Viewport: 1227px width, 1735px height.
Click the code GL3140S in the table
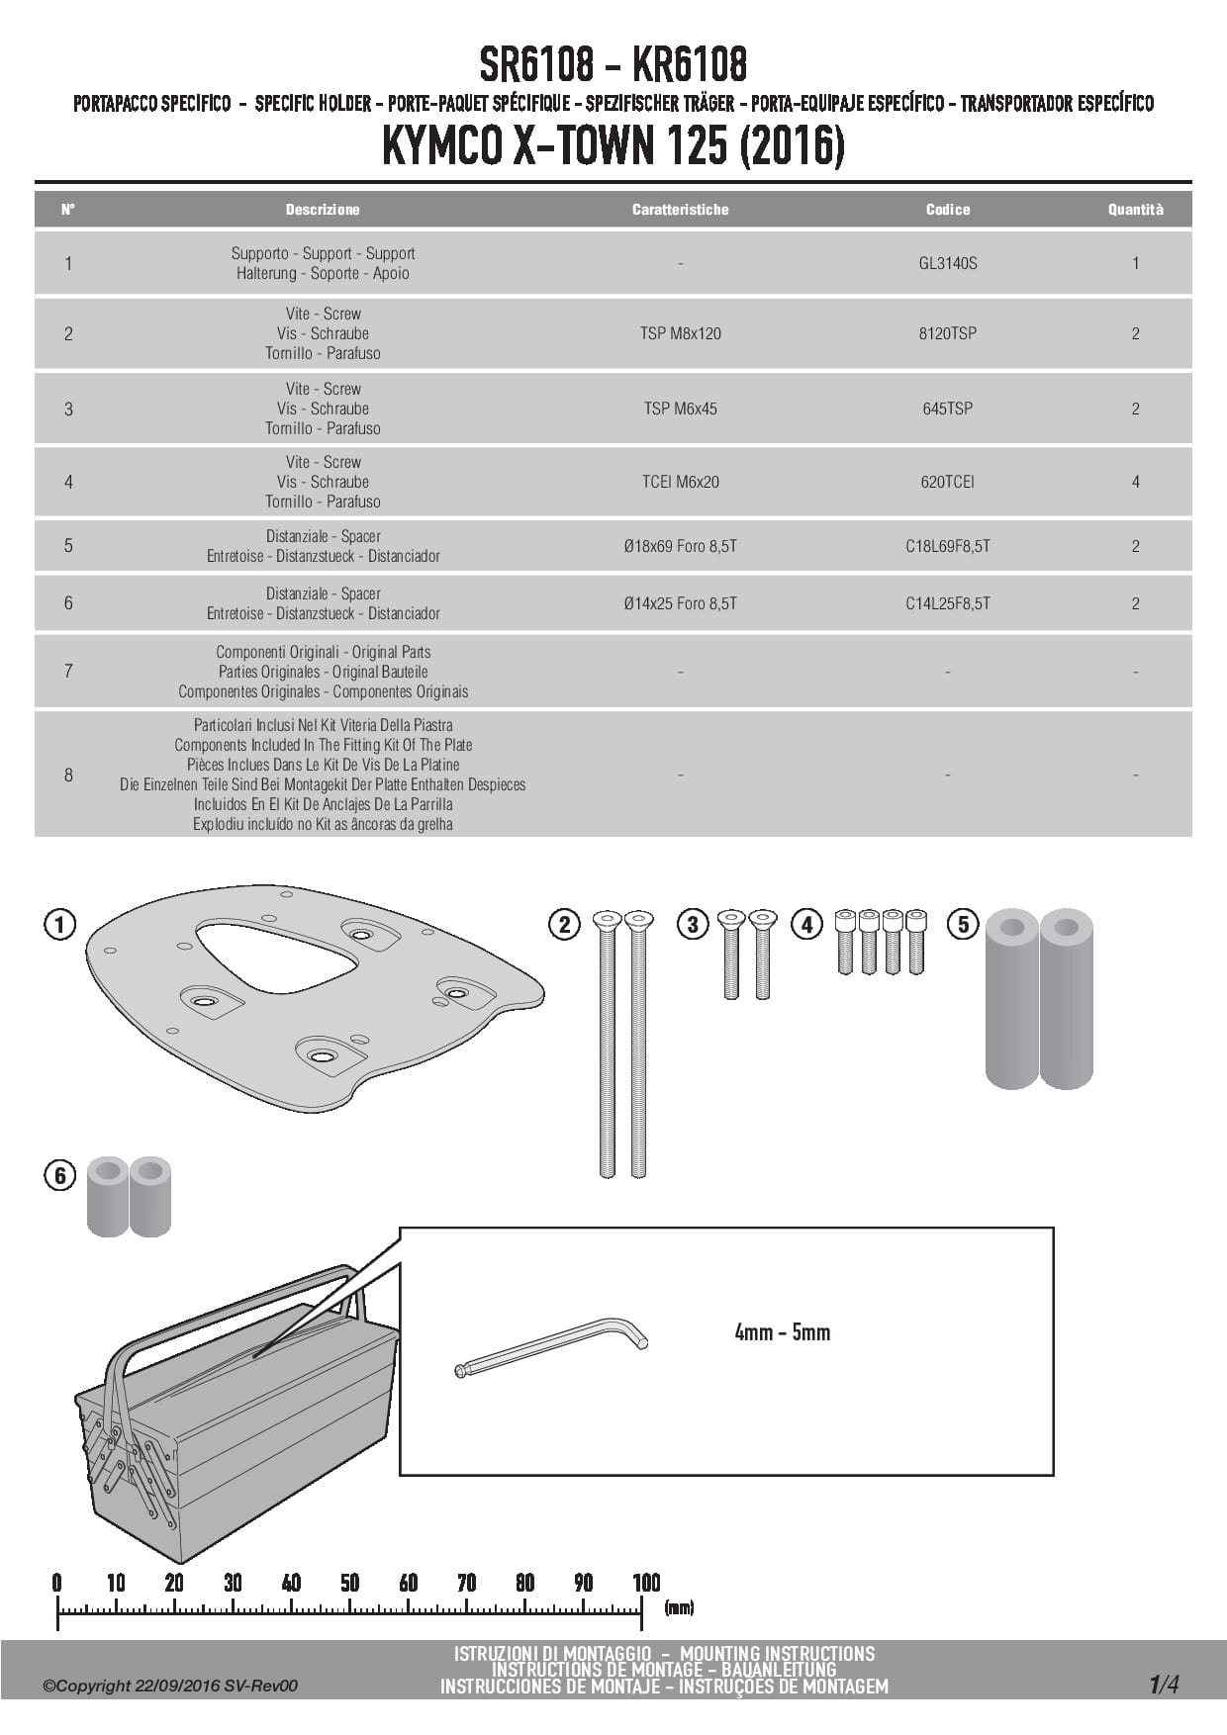(947, 263)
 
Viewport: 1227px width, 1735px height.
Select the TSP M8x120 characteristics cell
(680, 333)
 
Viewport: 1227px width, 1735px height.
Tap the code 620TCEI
(947, 482)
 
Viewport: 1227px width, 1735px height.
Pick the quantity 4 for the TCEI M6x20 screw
(1135, 482)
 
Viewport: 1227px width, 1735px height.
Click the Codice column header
(947, 210)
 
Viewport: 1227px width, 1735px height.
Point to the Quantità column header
(1135, 210)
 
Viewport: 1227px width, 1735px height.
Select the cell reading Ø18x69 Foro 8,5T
(680, 546)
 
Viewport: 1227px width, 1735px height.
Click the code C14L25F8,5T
(947, 603)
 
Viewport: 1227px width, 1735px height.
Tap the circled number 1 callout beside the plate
(60, 925)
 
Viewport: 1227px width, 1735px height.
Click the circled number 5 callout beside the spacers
(963, 925)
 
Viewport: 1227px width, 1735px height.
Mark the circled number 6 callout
(60, 1175)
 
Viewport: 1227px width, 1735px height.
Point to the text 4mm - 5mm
(782, 1332)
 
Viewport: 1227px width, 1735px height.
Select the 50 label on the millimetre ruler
(349, 1583)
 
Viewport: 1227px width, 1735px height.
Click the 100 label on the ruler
(645, 1583)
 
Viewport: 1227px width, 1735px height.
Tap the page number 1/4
(1164, 1684)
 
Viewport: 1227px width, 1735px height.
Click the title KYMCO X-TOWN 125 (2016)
(613, 147)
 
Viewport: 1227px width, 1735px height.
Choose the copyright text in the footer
(169, 1686)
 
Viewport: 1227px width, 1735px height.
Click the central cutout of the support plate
(272, 955)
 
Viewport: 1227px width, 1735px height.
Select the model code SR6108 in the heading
(536, 65)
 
